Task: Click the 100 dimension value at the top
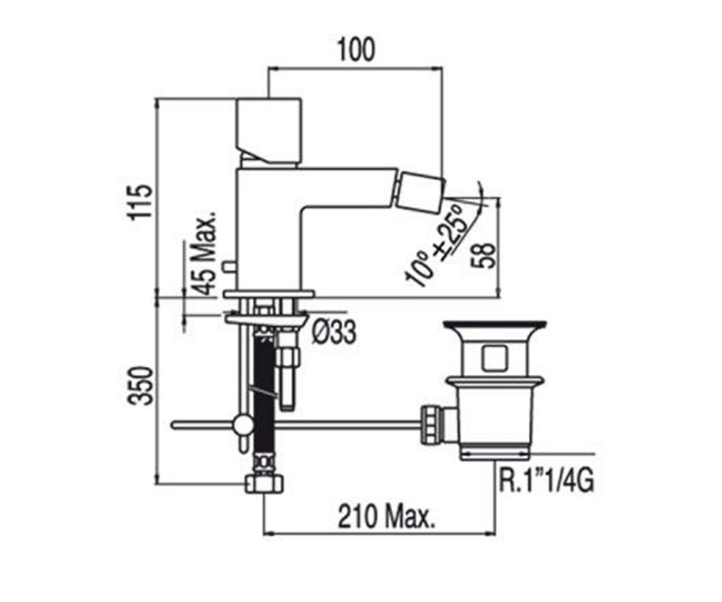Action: click(x=356, y=51)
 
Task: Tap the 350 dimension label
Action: click(x=140, y=386)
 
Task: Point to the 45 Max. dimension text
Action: click(x=204, y=253)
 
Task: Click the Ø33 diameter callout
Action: click(x=333, y=332)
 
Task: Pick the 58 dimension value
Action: click(x=483, y=256)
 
